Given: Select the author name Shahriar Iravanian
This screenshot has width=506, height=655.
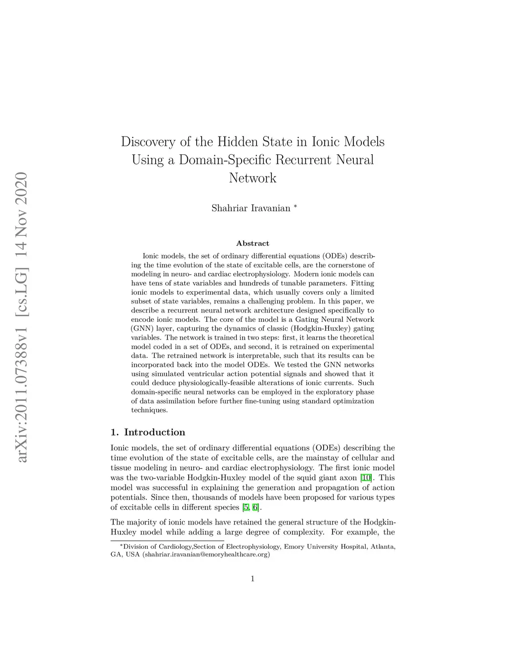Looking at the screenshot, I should coord(251,208).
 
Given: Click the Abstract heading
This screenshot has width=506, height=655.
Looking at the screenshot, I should coord(253,243).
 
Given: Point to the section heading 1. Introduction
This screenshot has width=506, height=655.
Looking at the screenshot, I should coord(148,433).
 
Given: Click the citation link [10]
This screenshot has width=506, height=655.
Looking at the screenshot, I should coord(366,478).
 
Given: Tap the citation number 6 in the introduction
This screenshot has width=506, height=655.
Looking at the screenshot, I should coord(255,508).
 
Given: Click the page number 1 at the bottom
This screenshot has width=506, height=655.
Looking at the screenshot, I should coord(253,579).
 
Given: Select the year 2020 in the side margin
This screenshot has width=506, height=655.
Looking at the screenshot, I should coord(22,190).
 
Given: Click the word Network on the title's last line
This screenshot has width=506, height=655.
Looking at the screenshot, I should coord(253,178).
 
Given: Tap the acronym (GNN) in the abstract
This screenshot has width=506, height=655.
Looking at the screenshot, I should coord(142,329).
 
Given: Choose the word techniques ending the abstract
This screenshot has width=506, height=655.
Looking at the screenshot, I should coord(149,410).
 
